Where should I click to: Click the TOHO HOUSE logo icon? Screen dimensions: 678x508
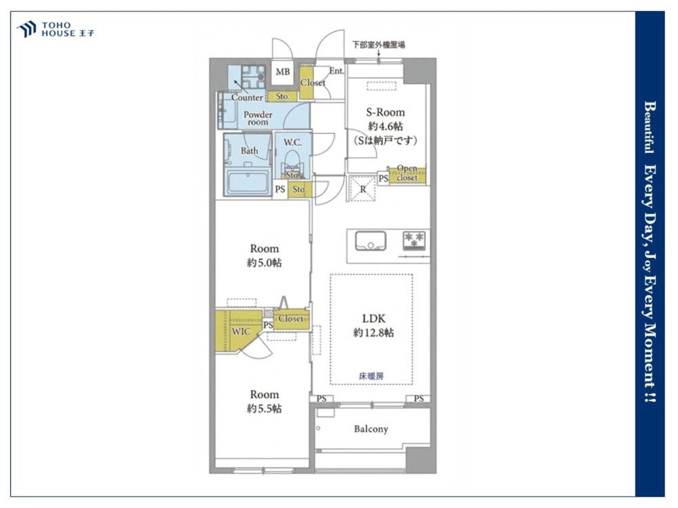point(26,29)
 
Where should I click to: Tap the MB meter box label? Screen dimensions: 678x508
point(283,72)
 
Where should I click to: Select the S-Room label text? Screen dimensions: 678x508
point(385,112)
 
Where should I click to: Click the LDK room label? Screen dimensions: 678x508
point(374,319)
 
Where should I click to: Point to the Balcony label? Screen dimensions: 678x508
point(371,429)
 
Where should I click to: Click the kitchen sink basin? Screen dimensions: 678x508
point(371,241)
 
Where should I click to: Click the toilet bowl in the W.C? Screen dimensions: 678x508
point(293,161)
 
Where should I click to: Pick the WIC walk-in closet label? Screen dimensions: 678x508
point(241,331)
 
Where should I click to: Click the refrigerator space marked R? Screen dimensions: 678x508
point(363,189)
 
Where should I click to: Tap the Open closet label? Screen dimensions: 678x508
point(407,173)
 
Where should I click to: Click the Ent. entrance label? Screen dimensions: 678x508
point(336,70)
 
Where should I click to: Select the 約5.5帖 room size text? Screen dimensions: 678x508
point(264,408)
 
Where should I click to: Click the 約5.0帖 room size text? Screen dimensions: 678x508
point(264,262)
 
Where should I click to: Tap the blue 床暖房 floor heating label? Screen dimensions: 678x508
point(371,376)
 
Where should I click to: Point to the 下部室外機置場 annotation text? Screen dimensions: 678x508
point(379,45)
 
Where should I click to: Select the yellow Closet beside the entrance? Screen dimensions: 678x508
point(306,83)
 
